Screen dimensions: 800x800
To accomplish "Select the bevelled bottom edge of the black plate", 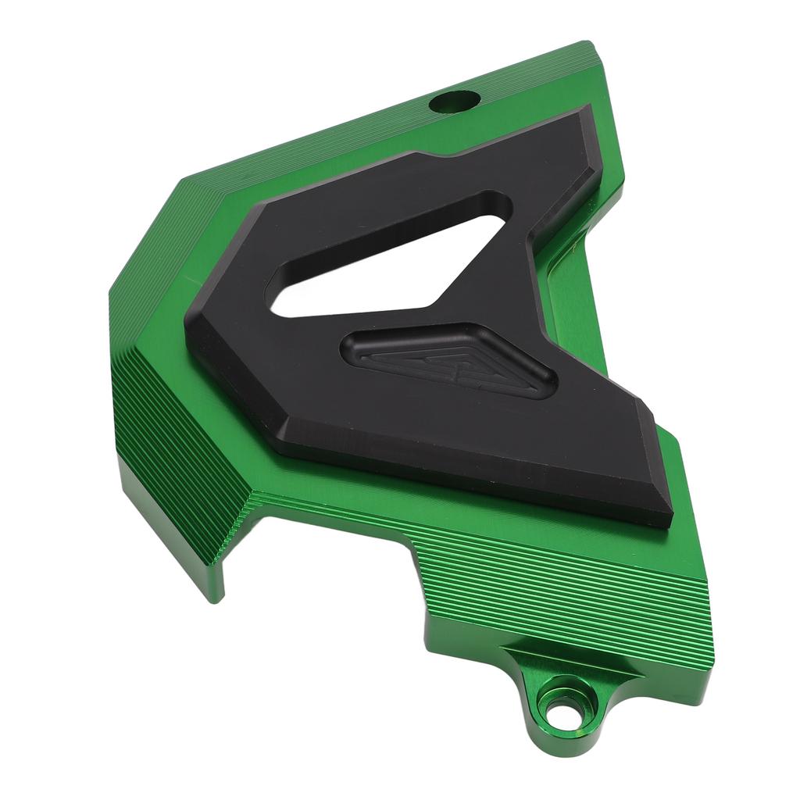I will click(469, 477).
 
